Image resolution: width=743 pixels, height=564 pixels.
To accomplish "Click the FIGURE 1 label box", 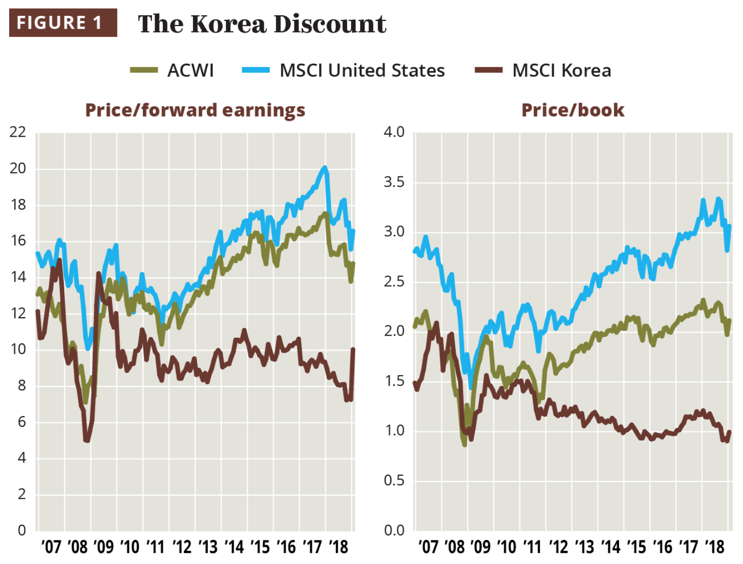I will (63, 23).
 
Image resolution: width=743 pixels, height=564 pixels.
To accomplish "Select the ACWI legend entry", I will (172, 70).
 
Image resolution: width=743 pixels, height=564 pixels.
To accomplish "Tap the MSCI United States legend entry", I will (344, 70).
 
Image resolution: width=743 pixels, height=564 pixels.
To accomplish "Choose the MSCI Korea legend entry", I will (543, 70).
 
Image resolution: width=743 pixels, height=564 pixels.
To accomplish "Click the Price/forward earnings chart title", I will (195, 110).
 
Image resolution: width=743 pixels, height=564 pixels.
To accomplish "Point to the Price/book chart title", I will (573, 110).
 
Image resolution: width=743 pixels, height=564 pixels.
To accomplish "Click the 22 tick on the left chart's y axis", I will (18, 132).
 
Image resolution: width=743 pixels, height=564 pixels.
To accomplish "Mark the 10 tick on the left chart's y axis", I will (18, 349).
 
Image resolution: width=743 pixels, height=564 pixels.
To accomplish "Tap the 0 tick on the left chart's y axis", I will (21, 530).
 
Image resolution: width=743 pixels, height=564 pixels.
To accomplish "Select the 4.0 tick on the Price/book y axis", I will (394, 132).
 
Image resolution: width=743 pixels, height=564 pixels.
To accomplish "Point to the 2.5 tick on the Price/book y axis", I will (394, 281).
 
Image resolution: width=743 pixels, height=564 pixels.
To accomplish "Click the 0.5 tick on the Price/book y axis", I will (394, 480).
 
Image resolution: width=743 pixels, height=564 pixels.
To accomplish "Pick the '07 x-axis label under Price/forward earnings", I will (51, 547).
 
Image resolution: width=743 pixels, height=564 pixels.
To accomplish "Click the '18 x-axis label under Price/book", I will (714, 547).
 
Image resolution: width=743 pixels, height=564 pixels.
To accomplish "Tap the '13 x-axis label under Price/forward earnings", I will (208, 547).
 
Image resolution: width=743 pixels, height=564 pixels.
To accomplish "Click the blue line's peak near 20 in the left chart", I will (325, 168).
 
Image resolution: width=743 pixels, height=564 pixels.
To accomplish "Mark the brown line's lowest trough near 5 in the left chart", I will (87, 441).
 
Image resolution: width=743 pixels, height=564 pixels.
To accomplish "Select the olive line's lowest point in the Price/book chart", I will (464, 445).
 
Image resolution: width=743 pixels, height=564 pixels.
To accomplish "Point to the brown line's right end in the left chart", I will (353, 349).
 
